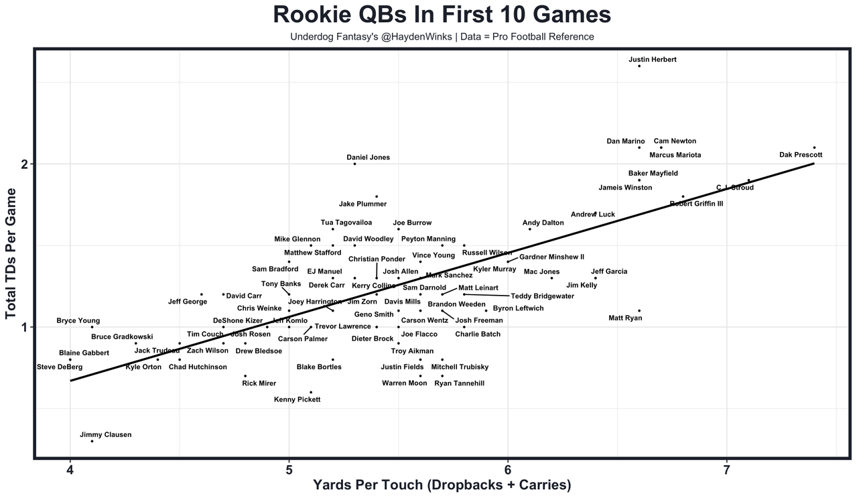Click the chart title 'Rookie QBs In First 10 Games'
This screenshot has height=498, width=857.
coord(442,15)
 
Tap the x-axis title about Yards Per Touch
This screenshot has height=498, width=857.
coord(442,485)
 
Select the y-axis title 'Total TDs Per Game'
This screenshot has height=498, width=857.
coord(11,253)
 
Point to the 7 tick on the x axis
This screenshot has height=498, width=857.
coord(726,471)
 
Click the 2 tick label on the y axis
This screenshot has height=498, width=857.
coord(23,164)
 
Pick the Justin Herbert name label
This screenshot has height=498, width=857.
coord(653,60)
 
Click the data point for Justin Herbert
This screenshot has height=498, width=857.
coord(639,66)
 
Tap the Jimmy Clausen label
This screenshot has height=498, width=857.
coord(105,434)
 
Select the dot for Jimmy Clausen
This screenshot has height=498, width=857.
coord(92,441)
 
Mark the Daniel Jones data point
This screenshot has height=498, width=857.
coord(354,164)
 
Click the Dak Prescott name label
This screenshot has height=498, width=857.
coord(801,155)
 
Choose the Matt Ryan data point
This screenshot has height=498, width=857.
coord(639,310)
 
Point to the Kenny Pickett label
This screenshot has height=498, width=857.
coord(298,399)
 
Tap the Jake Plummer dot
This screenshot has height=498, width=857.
coord(377,196)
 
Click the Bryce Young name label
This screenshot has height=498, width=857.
coord(78,320)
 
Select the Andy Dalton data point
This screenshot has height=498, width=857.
coord(529,229)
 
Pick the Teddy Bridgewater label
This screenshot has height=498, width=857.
coord(542,296)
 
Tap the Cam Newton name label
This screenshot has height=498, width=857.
coord(675,141)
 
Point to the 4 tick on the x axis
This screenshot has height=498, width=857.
coord(70,471)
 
